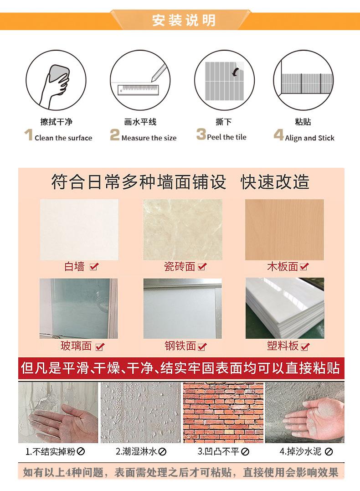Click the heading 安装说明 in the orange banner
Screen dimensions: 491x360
(x=184, y=21)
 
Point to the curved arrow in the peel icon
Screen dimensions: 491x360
(x=236, y=72)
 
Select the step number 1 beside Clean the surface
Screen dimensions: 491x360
(x=28, y=135)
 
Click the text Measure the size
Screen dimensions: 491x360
(x=149, y=138)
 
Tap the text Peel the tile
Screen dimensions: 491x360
(x=226, y=137)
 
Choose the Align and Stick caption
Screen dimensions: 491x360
(x=310, y=138)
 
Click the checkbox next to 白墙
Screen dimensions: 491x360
(x=94, y=267)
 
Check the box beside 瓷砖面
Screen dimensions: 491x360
(x=201, y=267)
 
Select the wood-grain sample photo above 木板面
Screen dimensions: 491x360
(x=284, y=229)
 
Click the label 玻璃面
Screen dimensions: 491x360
(x=76, y=346)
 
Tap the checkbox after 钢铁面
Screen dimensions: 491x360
(x=202, y=347)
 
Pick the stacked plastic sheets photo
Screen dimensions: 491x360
(x=285, y=308)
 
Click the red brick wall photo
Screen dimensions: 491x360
(x=223, y=412)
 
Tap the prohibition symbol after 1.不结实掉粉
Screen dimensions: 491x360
(x=82, y=452)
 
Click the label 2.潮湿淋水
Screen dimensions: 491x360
(x=136, y=452)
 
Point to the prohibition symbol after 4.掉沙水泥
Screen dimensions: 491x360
(x=329, y=452)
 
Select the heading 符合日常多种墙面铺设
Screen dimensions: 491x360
(x=139, y=182)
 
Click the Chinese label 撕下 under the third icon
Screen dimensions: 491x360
(x=224, y=122)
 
